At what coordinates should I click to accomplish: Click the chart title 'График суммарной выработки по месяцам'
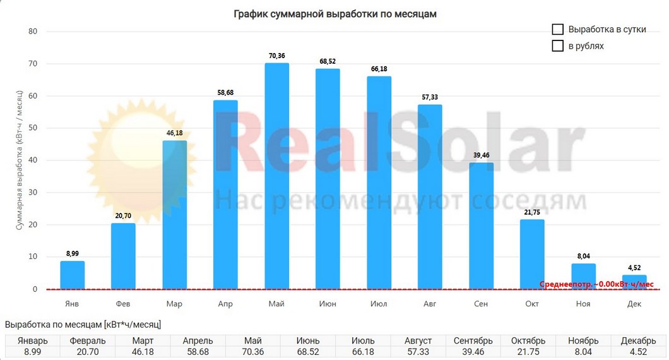334,13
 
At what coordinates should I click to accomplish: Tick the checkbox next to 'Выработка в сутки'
557,30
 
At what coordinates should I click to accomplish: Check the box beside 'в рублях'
557,46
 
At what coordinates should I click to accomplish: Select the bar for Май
276,176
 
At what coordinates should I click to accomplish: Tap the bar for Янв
73,275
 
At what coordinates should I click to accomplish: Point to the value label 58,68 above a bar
225,93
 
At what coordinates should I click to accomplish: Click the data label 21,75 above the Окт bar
532,212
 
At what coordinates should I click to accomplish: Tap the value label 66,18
379,69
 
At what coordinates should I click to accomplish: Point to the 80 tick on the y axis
33,32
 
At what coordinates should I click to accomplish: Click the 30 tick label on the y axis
33,193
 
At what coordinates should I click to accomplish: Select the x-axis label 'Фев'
123,304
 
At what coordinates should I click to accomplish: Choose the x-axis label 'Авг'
430,304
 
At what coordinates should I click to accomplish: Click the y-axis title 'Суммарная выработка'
20,161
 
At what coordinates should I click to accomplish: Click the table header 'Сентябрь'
473,341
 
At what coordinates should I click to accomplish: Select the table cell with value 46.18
143,352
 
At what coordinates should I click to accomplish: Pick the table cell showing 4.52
638,352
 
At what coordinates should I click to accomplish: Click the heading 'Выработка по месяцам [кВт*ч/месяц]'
83,325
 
